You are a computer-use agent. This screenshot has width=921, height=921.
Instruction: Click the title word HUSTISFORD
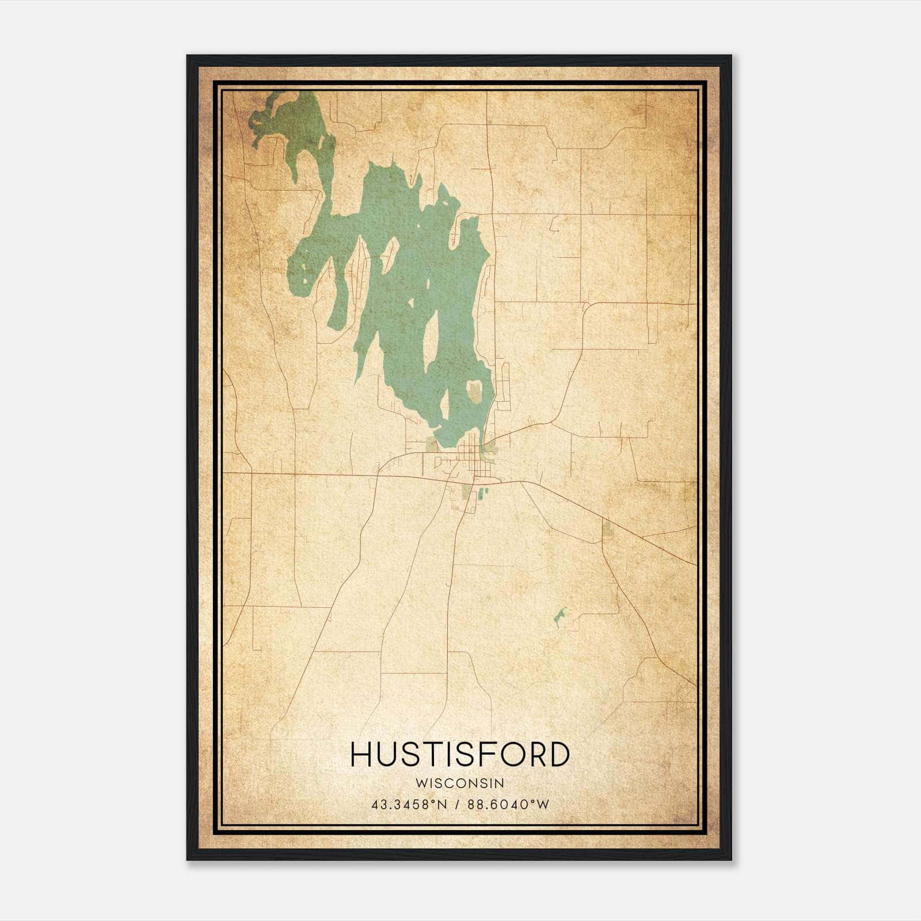(460, 755)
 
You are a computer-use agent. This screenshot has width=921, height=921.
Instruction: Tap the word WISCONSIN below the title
(460, 783)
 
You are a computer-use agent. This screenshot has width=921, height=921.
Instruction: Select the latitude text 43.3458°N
(409, 804)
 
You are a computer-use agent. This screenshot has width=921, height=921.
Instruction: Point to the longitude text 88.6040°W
(508, 804)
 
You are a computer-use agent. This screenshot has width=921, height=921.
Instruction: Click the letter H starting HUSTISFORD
(361, 755)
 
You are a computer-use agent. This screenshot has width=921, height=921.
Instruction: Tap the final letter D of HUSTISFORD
(558, 755)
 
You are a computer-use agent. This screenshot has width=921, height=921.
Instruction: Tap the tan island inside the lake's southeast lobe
(475, 391)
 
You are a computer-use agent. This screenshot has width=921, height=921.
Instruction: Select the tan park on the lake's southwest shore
(431, 444)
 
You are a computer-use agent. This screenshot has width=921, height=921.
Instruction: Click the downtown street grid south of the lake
(473, 461)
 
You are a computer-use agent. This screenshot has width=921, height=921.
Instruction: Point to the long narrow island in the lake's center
(430, 340)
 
